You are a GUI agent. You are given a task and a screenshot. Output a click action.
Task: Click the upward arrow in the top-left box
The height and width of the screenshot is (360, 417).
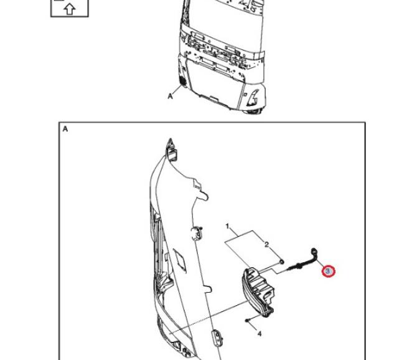[70, 10]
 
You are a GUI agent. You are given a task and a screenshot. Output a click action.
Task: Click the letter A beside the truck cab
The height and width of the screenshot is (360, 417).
[170, 96]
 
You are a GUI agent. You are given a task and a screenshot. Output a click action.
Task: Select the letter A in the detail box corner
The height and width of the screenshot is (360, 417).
[65, 129]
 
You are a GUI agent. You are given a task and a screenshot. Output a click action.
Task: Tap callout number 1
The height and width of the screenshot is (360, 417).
[227, 226]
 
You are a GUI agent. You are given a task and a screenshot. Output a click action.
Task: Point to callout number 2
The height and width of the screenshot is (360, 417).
[266, 244]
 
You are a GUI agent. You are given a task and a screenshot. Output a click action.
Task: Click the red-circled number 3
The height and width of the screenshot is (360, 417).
[328, 272]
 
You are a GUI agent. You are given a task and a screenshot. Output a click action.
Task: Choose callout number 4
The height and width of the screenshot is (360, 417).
[260, 334]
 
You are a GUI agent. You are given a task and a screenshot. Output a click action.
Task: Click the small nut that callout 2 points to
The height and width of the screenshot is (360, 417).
[282, 262]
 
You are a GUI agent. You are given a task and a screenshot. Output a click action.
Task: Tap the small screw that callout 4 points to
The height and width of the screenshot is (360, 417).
[247, 320]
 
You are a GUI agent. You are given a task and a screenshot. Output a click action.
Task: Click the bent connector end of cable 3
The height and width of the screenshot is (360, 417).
[314, 252]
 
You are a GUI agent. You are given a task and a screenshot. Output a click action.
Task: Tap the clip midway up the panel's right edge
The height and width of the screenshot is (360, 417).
[197, 233]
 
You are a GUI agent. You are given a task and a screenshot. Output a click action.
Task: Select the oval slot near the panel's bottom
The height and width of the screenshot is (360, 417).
[217, 338]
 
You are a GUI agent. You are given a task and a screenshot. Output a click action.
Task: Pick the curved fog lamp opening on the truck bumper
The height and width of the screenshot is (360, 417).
[253, 98]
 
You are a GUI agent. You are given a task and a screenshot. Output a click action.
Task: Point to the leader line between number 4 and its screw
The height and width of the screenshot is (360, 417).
[253, 326]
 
